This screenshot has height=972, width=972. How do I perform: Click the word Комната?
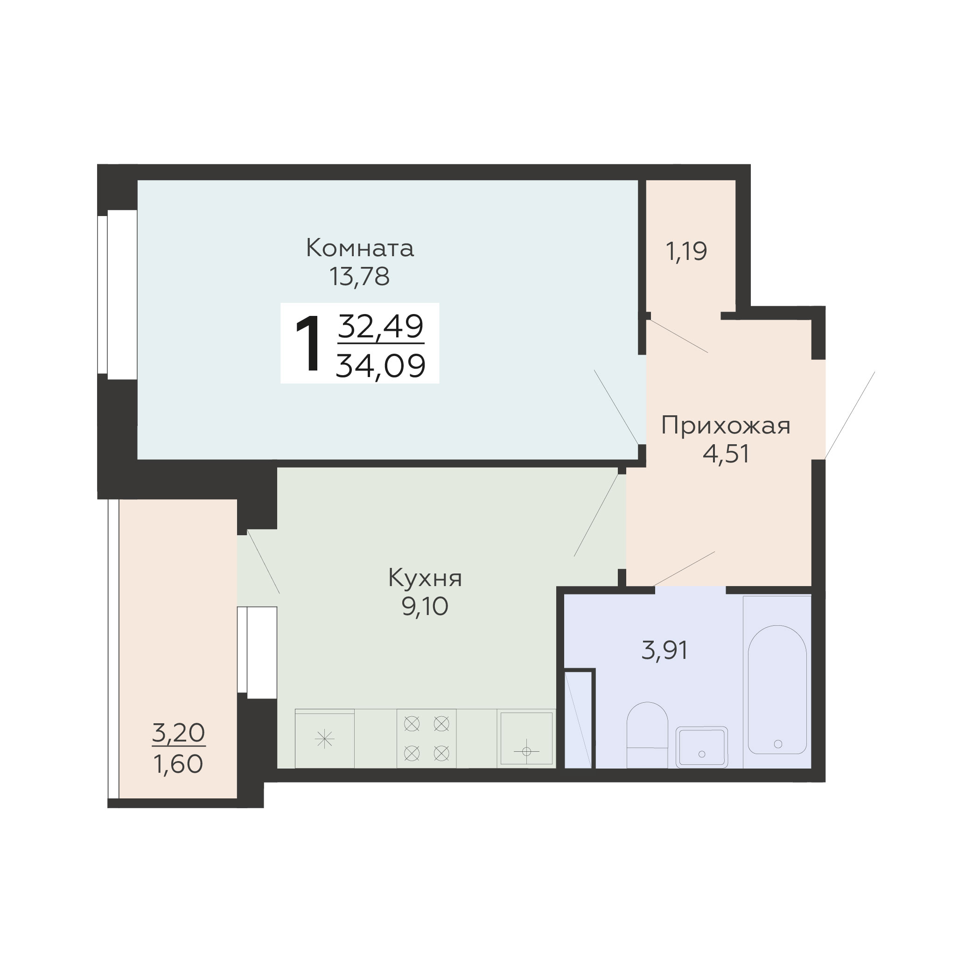[360, 248]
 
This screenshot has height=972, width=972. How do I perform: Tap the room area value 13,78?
[360, 277]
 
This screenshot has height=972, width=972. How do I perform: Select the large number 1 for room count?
[308, 343]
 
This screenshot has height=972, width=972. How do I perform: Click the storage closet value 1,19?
[686, 251]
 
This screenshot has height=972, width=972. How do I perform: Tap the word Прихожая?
[726, 426]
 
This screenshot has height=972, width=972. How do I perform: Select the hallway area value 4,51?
[726, 454]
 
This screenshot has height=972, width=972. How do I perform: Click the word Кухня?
[425, 578]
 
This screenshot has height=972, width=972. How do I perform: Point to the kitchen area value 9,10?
[425, 607]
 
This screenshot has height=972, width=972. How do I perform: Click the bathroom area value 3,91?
[664, 650]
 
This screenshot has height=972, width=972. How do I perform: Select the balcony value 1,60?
[179, 765]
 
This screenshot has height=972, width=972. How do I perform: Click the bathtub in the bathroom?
[777, 690]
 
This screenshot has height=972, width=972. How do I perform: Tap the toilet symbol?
[647, 735]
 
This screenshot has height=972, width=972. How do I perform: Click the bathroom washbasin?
[702, 747]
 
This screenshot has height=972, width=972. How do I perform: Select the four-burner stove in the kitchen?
[427, 739]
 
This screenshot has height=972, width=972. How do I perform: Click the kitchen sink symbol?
[526, 739]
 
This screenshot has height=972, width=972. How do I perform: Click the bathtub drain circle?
[778, 744]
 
